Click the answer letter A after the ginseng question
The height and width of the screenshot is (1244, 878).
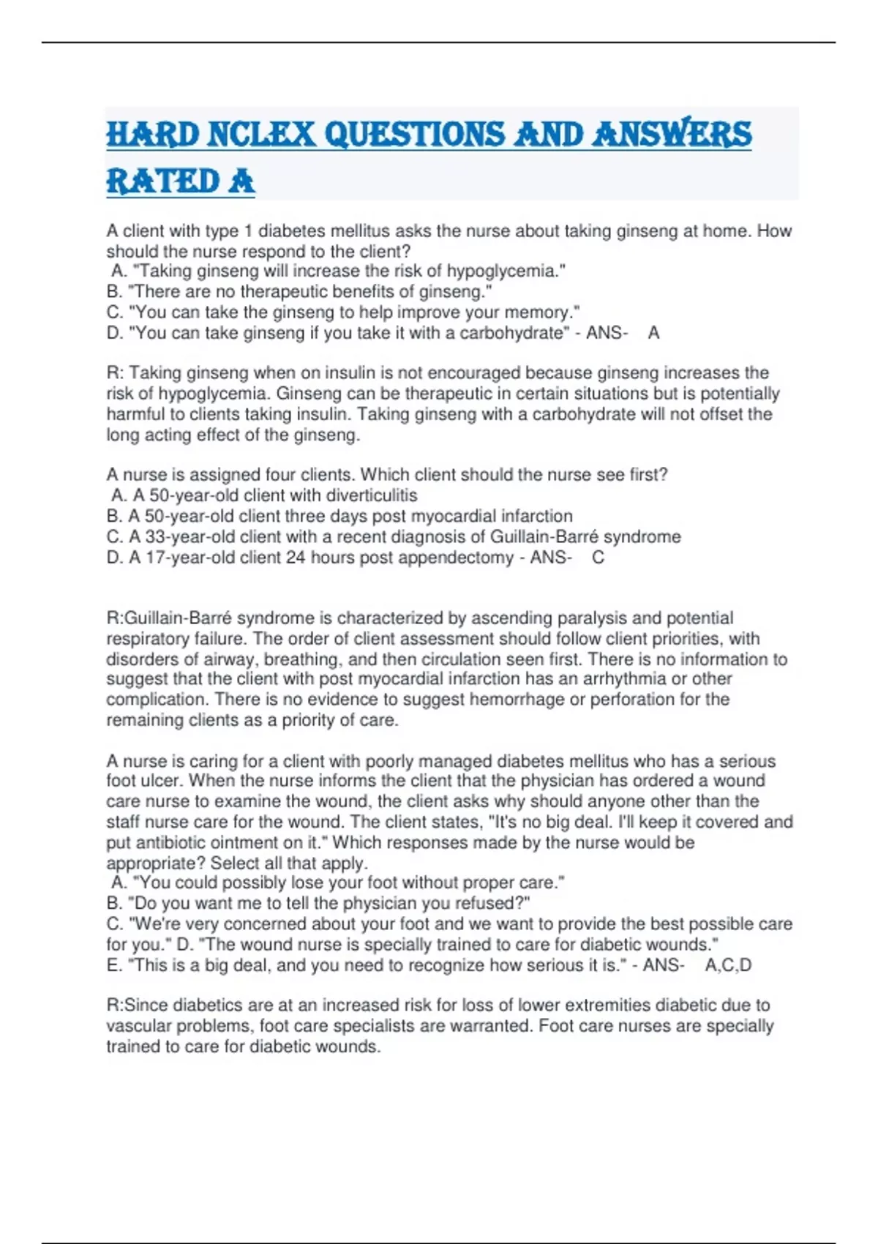654,333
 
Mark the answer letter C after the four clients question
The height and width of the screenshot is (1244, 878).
599,558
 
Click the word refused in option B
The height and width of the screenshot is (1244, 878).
494,903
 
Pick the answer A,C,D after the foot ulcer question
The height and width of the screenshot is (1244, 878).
728,965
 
